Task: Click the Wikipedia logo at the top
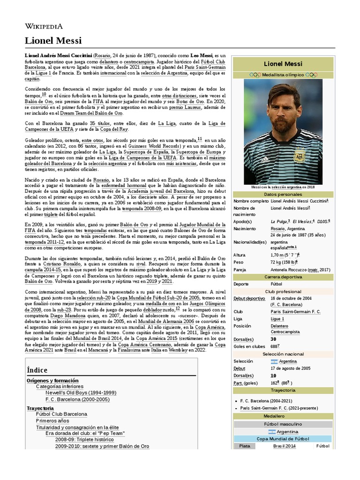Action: pos(44,27)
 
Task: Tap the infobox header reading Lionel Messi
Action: pos(283,63)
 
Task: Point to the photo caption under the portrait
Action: pos(283,187)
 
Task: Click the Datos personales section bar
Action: pos(283,194)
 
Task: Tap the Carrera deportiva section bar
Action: pos(283,277)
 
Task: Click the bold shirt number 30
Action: pos(273,339)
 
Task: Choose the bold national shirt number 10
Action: pos(273,375)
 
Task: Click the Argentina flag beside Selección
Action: pos(274,361)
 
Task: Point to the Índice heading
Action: pos(37,370)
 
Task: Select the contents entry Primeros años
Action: pos(55,421)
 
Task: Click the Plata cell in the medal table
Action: pos(245,446)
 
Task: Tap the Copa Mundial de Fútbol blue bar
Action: pos(283,439)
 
